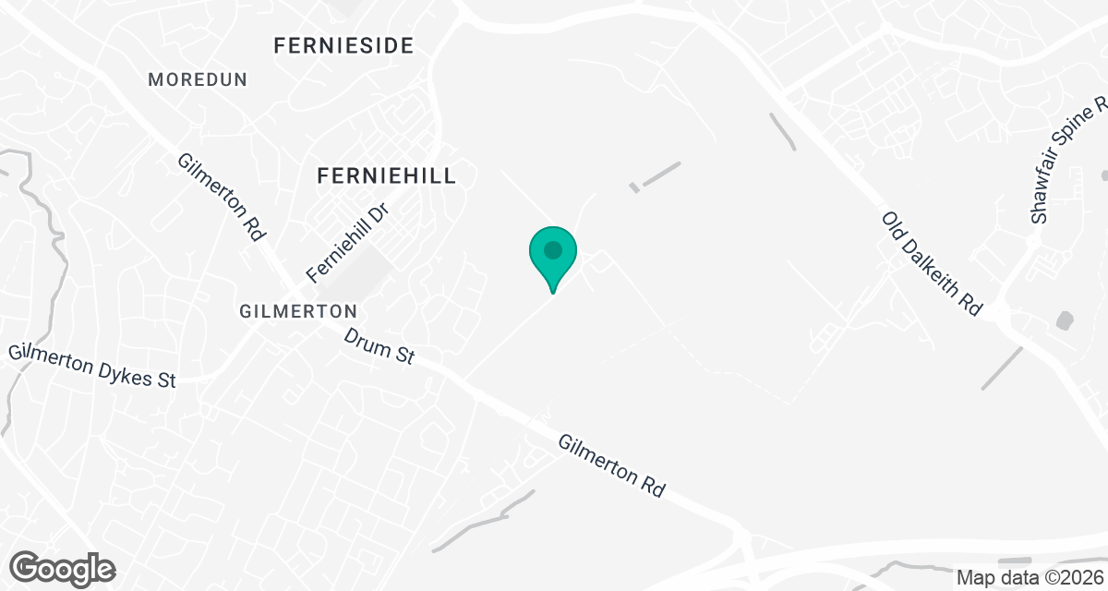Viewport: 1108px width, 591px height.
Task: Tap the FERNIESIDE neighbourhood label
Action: pos(343,45)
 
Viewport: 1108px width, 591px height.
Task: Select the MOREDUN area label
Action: pos(198,80)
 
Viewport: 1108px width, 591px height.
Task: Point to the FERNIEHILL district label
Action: pos(386,175)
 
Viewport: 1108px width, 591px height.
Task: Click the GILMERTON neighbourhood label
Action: pos(298,311)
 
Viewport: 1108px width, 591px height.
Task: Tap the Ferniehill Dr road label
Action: pos(349,243)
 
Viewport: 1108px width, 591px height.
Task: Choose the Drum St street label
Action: pos(379,346)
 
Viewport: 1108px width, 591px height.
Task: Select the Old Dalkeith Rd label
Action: pos(931,263)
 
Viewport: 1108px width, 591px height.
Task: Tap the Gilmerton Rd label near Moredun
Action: pos(221,198)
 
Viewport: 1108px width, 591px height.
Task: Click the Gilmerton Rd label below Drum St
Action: pos(611,466)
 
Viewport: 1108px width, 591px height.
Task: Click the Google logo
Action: pos(63,566)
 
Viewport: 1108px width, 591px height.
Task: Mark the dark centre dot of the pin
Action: pos(553,250)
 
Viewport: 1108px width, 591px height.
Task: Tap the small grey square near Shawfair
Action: pos(1064,320)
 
